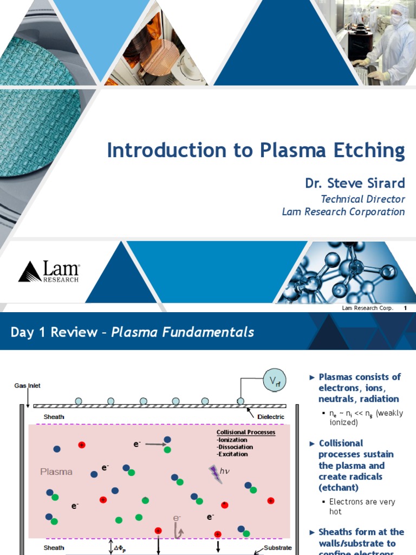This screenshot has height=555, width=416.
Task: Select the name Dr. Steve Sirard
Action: click(x=355, y=183)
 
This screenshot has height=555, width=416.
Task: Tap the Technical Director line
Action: click(x=362, y=199)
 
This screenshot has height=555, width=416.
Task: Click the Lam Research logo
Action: click(x=49, y=272)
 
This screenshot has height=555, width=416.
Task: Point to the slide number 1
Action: click(x=405, y=308)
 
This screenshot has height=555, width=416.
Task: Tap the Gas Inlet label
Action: click(x=27, y=386)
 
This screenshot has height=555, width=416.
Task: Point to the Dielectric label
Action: click(x=269, y=417)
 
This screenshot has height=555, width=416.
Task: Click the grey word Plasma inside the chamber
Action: click(x=56, y=472)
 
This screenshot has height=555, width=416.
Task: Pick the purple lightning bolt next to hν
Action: click(x=215, y=474)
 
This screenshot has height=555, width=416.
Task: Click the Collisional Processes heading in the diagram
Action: click(x=246, y=433)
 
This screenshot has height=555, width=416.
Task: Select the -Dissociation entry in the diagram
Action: click(x=235, y=447)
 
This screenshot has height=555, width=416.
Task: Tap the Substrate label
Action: click(x=277, y=547)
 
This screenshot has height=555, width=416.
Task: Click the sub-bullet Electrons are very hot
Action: click(x=362, y=507)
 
